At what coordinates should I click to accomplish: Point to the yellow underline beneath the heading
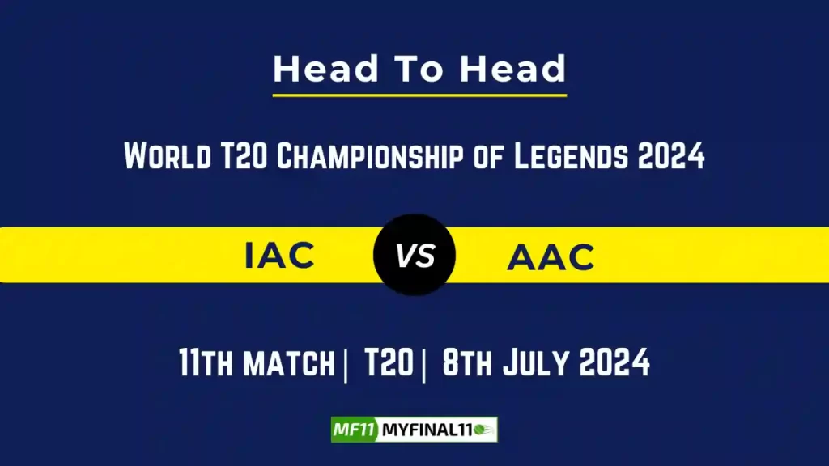(419, 95)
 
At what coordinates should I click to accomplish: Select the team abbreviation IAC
(280, 256)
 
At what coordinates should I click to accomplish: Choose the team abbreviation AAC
(551, 257)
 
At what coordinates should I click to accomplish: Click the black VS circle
(414, 256)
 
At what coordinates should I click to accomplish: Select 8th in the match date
(469, 364)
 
